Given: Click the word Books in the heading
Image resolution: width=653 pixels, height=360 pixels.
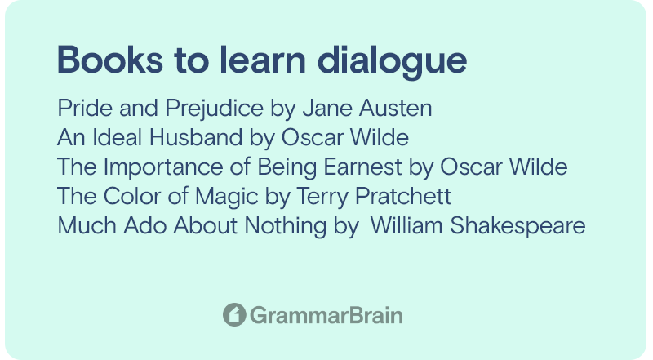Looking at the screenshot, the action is click(110, 60).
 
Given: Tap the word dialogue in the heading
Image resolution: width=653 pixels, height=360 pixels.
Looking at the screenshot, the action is click(392, 62).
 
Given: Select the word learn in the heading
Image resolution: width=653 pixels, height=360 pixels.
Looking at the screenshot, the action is click(262, 60).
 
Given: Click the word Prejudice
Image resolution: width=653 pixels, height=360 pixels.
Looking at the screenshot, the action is click(215, 109).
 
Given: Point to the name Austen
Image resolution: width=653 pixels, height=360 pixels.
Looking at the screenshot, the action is click(396, 109).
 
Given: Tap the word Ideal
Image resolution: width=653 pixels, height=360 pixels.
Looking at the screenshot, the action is click(118, 137).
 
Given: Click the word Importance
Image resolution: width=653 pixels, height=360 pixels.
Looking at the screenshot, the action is click(163, 167).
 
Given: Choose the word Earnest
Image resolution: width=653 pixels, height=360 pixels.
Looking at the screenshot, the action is click(362, 167).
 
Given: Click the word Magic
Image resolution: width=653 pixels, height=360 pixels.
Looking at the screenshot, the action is click(227, 197).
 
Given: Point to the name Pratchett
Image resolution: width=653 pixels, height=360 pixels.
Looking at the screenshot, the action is click(403, 196).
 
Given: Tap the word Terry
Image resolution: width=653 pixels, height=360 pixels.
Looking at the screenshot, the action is click(322, 197).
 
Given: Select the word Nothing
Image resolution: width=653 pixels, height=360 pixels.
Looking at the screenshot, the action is click(285, 226).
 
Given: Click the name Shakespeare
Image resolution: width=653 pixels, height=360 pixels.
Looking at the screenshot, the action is click(518, 226).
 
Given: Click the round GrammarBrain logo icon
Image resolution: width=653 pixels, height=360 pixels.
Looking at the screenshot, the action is click(234, 314).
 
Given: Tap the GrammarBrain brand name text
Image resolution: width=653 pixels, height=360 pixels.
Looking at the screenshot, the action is click(326, 315).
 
